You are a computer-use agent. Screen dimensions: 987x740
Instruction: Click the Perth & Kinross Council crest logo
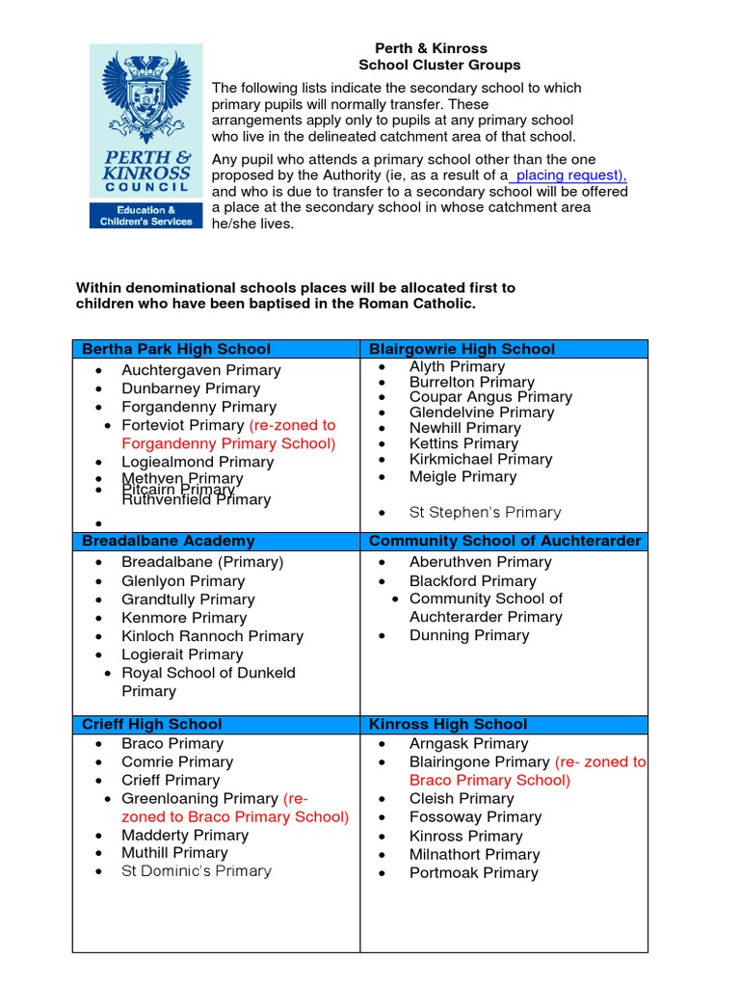point(146,96)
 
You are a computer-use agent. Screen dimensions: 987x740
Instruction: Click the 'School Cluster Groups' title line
point(439,66)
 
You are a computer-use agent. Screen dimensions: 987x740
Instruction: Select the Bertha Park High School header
point(176,349)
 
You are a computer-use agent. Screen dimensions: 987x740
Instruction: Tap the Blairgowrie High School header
point(462,349)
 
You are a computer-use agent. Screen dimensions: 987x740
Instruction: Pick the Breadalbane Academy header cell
point(169,541)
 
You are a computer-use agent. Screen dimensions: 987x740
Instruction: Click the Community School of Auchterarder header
point(504,541)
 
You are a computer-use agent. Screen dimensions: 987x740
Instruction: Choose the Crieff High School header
point(152,724)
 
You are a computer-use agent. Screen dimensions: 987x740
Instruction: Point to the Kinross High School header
point(447,724)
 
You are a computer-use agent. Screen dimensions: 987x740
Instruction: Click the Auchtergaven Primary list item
point(200,370)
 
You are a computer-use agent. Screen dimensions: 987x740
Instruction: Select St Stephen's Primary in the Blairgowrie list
point(485,513)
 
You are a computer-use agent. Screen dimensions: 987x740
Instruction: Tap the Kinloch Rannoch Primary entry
point(212,636)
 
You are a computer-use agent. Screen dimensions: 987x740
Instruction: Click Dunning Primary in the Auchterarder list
point(468,635)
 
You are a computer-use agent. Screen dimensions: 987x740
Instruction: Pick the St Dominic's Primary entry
point(197,871)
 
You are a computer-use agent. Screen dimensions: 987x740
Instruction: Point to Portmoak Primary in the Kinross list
point(473,873)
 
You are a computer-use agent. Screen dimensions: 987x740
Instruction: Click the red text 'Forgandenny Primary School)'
point(228,443)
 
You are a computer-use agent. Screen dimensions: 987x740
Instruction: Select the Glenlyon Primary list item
point(183,581)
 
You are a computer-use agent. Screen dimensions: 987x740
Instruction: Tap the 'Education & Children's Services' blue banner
point(146,216)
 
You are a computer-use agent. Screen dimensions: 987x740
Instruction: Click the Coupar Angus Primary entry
point(489,397)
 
